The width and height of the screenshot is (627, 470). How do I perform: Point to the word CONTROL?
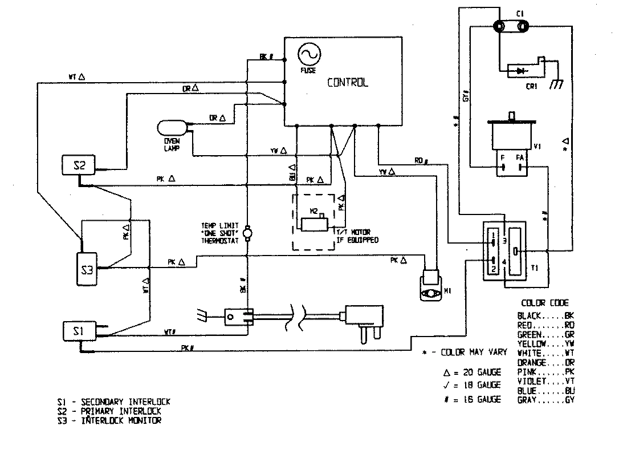[x=347, y=82]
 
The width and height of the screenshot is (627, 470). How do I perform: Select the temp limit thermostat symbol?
[x=248, y=233]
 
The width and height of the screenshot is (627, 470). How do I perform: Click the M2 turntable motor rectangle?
[x=312, y=225]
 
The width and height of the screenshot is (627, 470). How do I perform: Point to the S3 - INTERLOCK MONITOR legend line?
[x=109, y=421]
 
